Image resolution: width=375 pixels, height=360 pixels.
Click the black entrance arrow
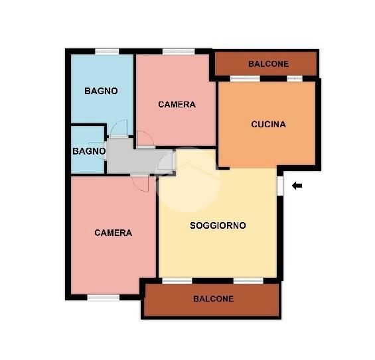coord(297,186)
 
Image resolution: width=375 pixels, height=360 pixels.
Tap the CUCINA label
coord(268,124)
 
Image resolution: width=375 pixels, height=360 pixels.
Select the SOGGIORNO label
coord(218,225)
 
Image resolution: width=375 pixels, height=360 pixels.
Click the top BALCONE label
coord(269,64)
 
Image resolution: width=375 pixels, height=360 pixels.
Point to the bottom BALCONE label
coord(213,299)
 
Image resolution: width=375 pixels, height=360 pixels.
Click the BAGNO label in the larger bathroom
coord(101,91)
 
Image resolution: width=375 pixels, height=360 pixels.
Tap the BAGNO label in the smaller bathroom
coord(89,151)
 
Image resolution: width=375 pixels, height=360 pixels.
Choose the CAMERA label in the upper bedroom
coord(177,104)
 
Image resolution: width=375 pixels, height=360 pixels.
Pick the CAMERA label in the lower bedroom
coord(113,233)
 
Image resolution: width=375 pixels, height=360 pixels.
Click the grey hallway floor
coord(134,159)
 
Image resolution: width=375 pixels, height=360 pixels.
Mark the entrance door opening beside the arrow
coord(280,186)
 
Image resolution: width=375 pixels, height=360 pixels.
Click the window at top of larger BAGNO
coord(107,51)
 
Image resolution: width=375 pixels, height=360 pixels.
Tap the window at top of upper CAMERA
coord(179,51)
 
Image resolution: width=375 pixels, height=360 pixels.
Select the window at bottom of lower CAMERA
coord(103,298)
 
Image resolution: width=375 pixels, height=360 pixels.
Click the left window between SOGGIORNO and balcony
coord(177,280)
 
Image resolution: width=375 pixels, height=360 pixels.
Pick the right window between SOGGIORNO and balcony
coord(248,280)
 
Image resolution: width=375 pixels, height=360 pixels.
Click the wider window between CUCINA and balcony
coord(245,79)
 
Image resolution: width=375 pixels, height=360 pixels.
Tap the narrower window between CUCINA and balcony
coord(295,79)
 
